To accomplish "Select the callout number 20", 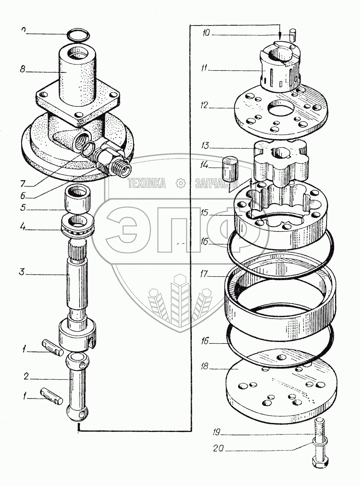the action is coord(219,449).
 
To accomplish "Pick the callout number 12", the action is coord(206,106).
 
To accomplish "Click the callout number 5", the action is coord(22,208).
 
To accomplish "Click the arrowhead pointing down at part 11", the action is coord(280,37).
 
